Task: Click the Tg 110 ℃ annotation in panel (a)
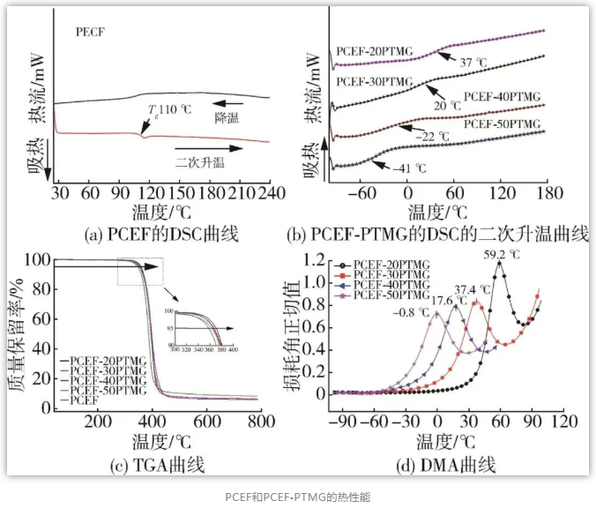pyautogui.click(x=168, y=108)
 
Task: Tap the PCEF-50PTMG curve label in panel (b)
pyautogui.click(x=502, y=123)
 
